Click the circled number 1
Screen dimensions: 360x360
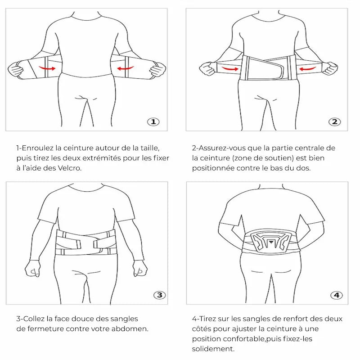point(153,121)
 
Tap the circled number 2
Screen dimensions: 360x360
point(334,121)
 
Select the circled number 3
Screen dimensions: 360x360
point(159,295)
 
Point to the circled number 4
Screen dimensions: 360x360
point(337,295)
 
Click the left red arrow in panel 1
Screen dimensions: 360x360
point(47,68)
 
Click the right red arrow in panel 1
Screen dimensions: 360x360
point(126,68)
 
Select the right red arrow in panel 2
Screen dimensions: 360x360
point(308,69)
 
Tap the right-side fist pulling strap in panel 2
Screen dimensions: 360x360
point(331,68)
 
